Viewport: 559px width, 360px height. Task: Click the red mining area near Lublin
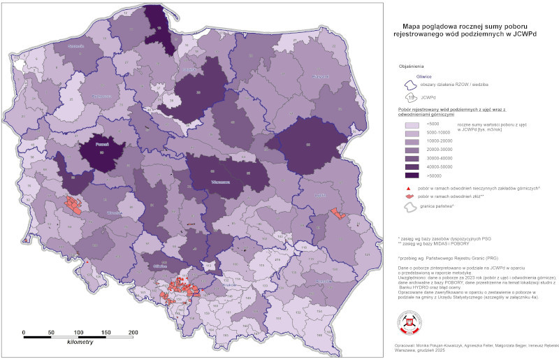pyautogui.click(x=338, y=213)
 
